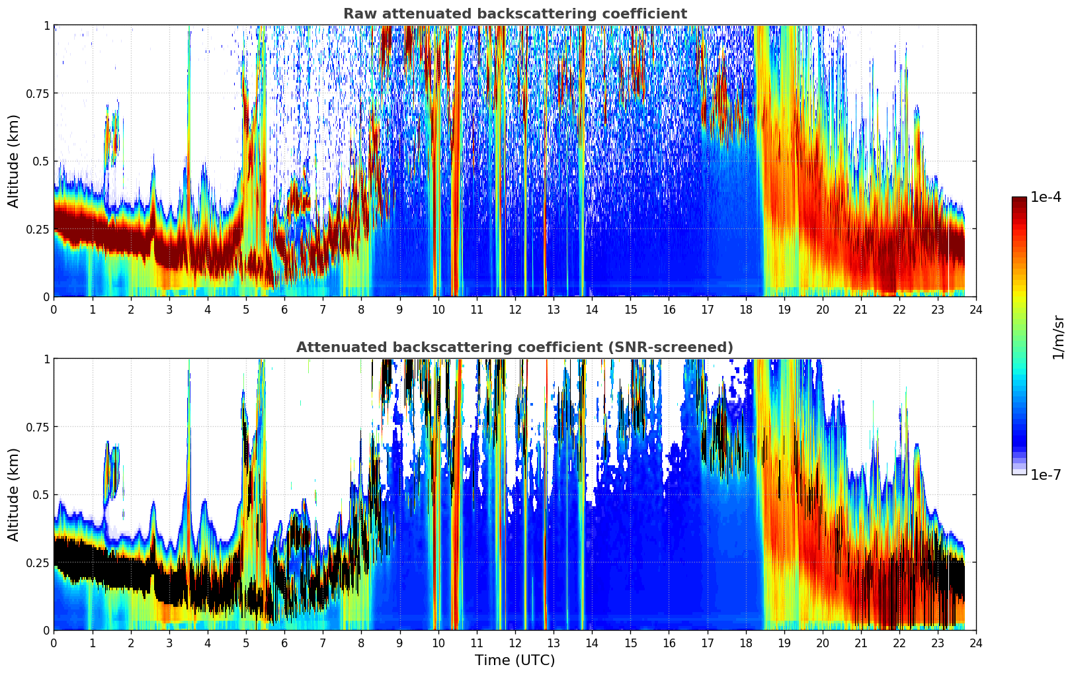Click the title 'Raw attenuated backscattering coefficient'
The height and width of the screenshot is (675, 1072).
point(515,14)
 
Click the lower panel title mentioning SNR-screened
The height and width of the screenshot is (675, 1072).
point(515,347)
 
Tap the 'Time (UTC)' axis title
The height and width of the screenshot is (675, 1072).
point(515,660)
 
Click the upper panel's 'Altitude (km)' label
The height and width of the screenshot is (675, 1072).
point(14,161)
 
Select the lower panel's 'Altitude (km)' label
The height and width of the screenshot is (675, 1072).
point(14,494)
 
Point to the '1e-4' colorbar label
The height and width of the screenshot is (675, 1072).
point(1046,197)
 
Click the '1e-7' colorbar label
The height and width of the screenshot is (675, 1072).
point(1046,474)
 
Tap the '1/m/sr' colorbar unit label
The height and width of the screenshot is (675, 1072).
point(1058,337)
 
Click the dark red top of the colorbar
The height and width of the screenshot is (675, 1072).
point(1019,201)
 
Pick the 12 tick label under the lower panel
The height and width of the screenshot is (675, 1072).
point(515,643)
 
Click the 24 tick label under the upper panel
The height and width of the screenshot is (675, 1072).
point(976,309)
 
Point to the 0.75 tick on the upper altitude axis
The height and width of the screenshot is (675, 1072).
point(38,93)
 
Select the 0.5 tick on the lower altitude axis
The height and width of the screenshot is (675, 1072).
point(42,494)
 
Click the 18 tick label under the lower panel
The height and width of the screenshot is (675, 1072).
point(745,643)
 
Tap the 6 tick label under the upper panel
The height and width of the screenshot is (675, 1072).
point(284,309)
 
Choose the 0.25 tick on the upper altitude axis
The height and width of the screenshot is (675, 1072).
point(38,229)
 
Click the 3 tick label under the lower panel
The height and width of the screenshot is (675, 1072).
point(169,643)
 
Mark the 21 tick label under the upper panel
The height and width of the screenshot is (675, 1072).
point(860,309)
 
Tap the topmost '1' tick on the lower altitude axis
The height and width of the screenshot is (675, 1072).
point(47,359)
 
